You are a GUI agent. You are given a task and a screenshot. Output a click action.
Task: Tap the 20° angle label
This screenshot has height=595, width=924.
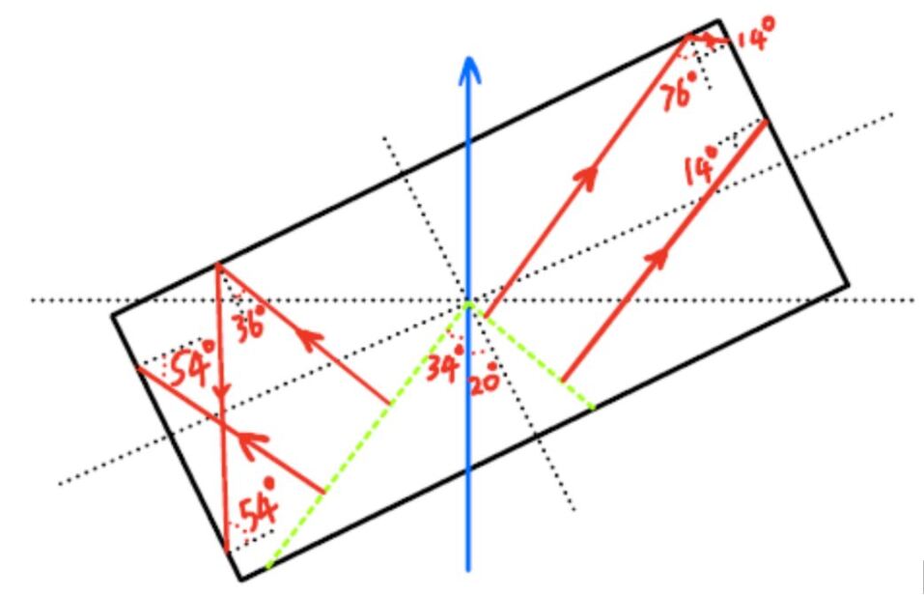tap(484, 379)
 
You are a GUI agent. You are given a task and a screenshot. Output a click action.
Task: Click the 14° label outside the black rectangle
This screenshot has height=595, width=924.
tap(755, 39)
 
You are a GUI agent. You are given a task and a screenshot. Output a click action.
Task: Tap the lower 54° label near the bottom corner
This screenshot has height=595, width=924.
tap(257, 505)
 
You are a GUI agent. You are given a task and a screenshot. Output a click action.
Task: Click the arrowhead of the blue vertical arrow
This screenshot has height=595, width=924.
tap(469, 68)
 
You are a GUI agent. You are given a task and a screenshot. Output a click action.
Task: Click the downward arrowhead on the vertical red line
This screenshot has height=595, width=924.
tap(222, 393)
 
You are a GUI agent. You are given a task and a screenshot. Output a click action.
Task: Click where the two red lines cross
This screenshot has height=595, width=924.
tap(223, 426)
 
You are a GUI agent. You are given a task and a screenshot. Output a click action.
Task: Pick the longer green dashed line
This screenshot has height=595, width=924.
tap(367, 434)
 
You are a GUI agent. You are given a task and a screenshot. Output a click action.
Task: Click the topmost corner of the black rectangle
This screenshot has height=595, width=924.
tap(718, 20)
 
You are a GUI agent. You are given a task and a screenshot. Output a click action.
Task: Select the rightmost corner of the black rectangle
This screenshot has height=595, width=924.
tap(848, 286)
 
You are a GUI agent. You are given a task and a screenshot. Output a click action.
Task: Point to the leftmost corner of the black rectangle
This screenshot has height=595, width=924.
tap(112, 314)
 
